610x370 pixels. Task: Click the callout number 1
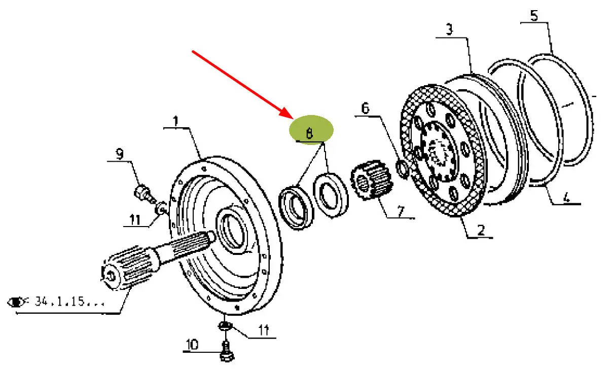tap(175, 122)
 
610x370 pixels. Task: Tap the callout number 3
tap(449, 30)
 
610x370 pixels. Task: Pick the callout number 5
tap(534, 16)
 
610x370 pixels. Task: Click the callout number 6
tap(366, 108)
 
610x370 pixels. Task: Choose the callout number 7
tap(400, 211)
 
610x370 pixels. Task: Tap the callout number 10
tap(192, 345)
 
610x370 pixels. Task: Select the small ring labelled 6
tap(402, 170)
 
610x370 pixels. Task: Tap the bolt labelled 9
tap(142, 193)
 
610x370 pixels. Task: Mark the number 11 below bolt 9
tap(134, 219)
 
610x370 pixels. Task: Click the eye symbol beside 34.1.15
tap(17, 303)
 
